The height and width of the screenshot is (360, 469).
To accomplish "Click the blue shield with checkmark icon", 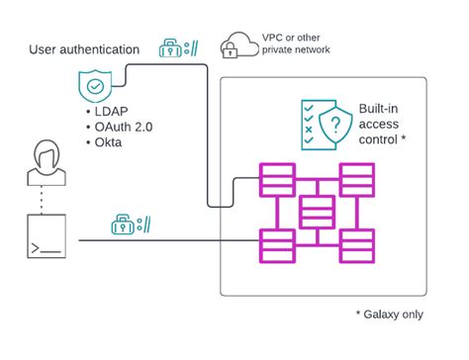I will (96, 87).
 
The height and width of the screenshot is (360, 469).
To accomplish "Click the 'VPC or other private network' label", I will (296, 45).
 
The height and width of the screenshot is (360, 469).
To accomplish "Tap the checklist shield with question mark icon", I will (323, 124).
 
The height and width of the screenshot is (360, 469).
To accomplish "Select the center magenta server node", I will (317, 211).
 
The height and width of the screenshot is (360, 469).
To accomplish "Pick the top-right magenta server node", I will (356, 180).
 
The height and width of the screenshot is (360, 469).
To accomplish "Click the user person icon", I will (47, 164).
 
